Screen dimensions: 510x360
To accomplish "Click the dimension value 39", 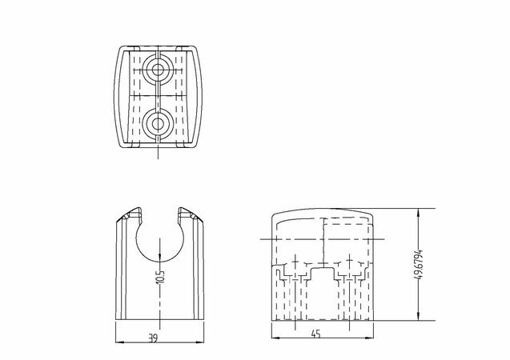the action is (153, 338).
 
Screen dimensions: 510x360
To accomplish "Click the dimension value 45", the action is (315, 334).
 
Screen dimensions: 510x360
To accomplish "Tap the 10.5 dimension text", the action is (160, 277).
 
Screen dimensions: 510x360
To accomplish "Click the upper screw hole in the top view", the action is (158, 70).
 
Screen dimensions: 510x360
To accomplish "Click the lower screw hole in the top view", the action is (158, 124).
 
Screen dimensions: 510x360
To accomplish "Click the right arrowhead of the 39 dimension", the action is (200, 342).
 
